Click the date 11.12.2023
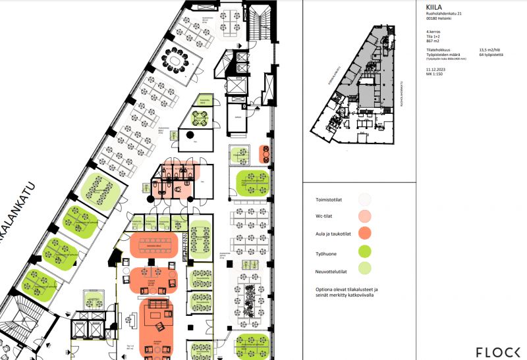tap(436, 68)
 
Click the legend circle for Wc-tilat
tap(364, 215)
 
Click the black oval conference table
tap(176, 61)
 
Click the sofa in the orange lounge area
tap(158, 305)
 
